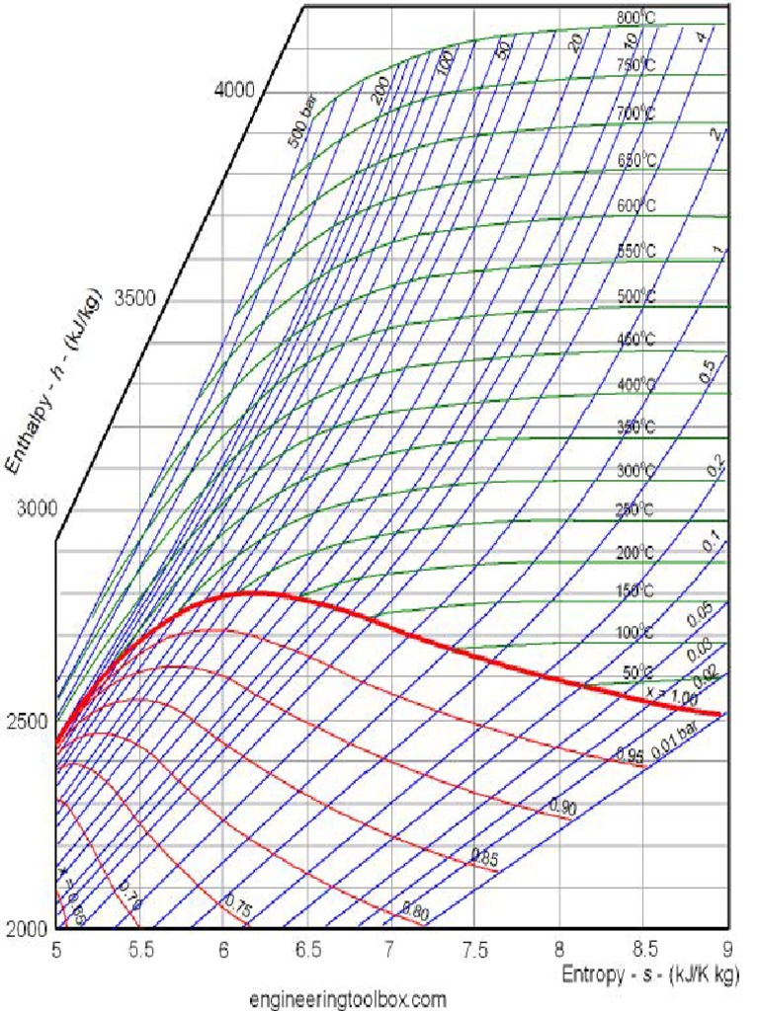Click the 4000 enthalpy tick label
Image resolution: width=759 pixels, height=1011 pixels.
tap(234, 90)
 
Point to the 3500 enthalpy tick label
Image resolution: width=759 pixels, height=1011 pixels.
tap(135, 298)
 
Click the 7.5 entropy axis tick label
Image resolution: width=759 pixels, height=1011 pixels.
tap(475, 950)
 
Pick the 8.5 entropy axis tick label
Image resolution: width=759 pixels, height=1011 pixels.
tap(643, 950)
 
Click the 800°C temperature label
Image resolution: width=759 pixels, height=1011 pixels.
tap(636, 18)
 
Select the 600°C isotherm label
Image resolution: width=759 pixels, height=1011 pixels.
tap(636, 205)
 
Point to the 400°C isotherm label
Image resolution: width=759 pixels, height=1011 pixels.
tap(636, 384)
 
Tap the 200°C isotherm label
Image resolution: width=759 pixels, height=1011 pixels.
tap(636, 553)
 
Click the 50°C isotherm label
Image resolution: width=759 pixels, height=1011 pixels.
tap(639, 673)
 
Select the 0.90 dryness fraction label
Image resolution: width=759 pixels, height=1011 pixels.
tap(563, 808)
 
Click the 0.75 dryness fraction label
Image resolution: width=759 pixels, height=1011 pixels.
tap(237, 902)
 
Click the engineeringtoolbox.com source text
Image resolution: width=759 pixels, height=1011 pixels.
tap(348, 998)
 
